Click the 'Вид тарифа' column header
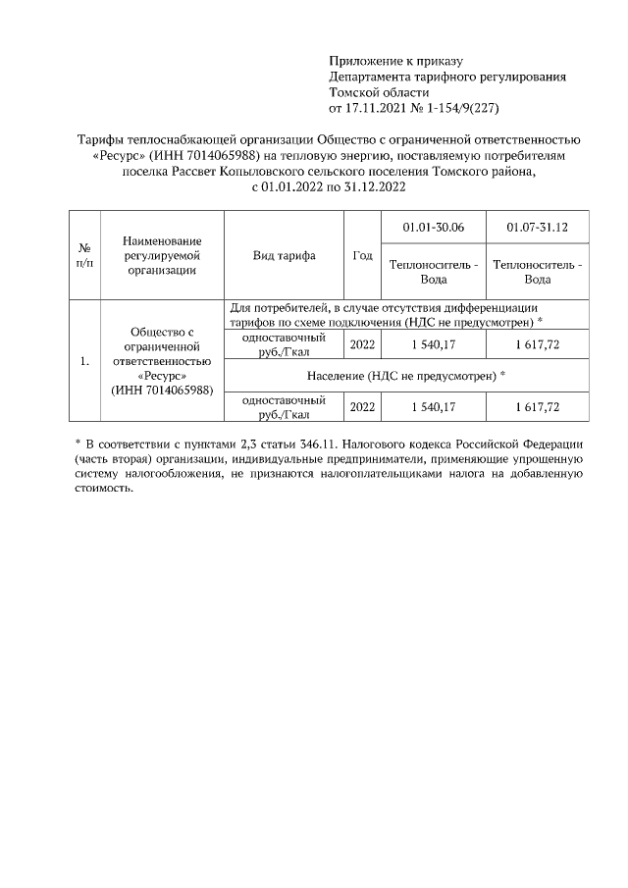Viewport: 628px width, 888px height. (x=284, y=255)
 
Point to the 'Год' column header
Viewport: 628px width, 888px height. (x=362, y=255)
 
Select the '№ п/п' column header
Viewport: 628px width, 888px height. (x=85, y=255)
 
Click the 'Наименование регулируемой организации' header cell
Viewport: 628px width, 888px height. (x=162, y=255)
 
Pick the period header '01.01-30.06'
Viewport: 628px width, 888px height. (x=434, y=228)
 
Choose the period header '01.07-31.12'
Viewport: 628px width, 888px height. (x=537, y=228)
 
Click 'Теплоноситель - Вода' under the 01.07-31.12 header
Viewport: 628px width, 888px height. (x=537, y=271)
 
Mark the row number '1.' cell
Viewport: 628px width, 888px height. (x=85, y=361)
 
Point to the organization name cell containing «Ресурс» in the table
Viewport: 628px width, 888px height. (x=162, y=361)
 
